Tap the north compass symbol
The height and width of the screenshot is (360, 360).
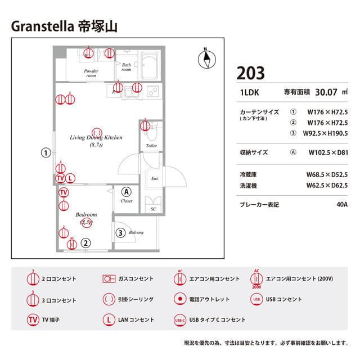(x=208, y=57)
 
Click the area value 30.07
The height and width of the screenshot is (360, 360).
(x=326, y=92)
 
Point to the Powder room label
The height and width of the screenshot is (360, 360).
(x=91, y=73)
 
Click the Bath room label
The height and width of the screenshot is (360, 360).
(x=127, y=67)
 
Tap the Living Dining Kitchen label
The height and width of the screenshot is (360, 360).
(x=96, y=137)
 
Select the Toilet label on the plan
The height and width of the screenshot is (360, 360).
(x=151, y=146)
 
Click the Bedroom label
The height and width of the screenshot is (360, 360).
(x=86, y=215)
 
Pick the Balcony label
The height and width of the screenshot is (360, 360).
(x=136, y=232)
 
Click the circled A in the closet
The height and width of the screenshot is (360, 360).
(x=126, y=191)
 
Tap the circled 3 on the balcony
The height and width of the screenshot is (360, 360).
(x=120, y=232)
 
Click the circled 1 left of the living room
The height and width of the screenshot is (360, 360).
(x=46, y=152)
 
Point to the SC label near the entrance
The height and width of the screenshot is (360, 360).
(x=153, y=209)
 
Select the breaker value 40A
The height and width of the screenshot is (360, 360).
(x=342, y=205)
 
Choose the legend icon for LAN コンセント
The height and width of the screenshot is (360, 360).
(x=109, y=319)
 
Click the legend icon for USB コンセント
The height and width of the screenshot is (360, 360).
(x=256, y=299)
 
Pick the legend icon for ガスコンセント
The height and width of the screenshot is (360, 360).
(x=109, y=278)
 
